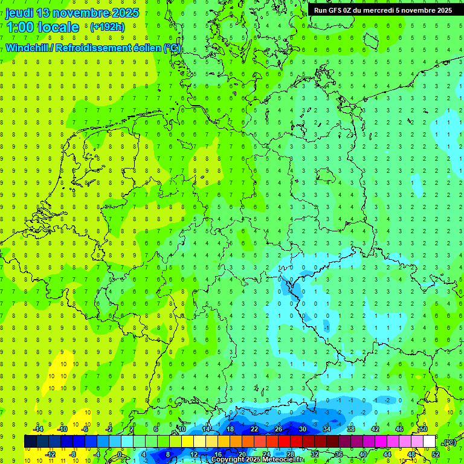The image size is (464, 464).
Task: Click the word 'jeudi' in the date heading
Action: pos(19,13)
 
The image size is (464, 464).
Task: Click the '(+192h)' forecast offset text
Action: pos(107,27)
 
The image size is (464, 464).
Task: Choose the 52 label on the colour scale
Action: pos(435,454)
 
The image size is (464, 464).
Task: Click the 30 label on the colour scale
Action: pos(302,429)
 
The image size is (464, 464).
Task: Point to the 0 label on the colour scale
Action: pos(120,454)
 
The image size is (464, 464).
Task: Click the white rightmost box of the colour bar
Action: pos(429,442)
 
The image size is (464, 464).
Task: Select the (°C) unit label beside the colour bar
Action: pos(449,442)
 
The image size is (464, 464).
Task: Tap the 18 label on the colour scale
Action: pos(230,429)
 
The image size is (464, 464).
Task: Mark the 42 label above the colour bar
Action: pos(375,429)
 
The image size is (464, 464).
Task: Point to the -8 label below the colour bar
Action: pos(73,454)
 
